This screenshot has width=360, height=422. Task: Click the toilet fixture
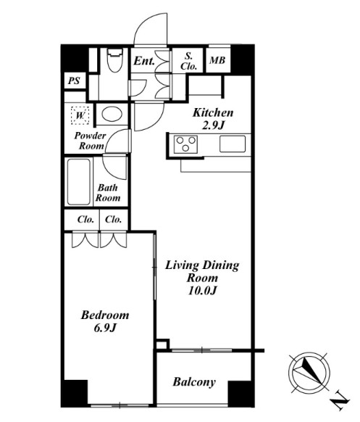tap(114, 60)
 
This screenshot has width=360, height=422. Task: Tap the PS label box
tap(75, 80)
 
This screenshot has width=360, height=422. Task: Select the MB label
tap(217, 60)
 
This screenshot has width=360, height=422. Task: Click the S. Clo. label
tap(188, 62)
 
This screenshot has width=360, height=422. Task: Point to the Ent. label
tap(144, 61)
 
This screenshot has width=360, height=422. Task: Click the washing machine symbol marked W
tap(80, 115)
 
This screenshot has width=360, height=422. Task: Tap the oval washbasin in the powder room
tap(112, 115)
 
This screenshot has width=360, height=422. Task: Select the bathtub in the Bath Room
tap(79, 182)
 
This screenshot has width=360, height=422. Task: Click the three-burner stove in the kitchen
tap(185, 144)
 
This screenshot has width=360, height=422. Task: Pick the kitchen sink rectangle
tap(233, 144)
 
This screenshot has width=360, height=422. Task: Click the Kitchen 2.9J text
tap(213, 119)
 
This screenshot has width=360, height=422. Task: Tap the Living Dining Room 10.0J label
tap(202, 278)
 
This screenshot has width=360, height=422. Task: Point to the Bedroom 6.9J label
tap(105, 321)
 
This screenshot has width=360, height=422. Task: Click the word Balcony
tap(194, 382)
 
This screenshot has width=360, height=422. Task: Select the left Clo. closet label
tap(85, 220)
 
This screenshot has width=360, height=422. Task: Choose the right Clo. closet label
tap(113, 220)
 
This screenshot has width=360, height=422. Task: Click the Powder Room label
tap(90, 141)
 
